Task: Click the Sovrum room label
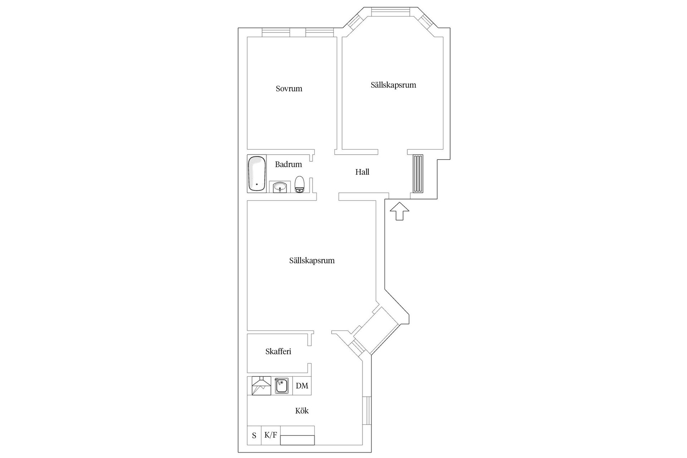click(289, 89)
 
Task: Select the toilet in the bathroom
click(299, 185)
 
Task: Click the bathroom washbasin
click(279, 187)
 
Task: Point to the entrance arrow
click(399, 211)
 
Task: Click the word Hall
click(362, 172)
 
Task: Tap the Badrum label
click(288, 165)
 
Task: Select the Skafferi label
click(278, 352)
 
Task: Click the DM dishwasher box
click(302, 386)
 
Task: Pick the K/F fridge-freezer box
click(271, 435)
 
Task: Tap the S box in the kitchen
click(254, 436)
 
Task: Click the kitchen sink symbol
click(282, 386)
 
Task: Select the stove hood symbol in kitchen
click(261, 386)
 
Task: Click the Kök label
click(302, 411)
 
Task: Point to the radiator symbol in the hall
click(418, 174)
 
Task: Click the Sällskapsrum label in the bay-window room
click(393, 85)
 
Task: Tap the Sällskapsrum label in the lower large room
click(312, 261)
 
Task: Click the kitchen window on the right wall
click(367, 410)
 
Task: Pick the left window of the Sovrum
click(276, 33)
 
